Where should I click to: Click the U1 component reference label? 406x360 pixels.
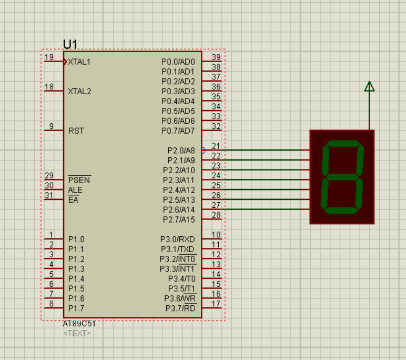70,44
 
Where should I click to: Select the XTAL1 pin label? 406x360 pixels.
79,62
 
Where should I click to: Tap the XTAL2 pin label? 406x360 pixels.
79,91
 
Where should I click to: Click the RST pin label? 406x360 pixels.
76,131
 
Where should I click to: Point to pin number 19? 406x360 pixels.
49,57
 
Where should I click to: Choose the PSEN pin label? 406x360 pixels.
79,180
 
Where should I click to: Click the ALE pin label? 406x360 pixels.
75,190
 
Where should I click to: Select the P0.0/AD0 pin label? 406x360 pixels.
178,62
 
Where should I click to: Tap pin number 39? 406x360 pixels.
216,57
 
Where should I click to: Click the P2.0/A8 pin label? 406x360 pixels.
181,151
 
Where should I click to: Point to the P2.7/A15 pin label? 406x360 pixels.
179,219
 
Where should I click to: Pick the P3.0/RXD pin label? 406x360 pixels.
178,239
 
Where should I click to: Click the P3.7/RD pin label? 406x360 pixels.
180,308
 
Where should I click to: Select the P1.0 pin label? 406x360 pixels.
76,239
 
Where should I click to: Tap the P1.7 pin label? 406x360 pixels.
76,308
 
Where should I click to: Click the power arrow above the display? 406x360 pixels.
369,87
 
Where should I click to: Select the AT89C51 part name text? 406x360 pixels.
79,324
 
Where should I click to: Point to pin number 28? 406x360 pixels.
216,215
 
